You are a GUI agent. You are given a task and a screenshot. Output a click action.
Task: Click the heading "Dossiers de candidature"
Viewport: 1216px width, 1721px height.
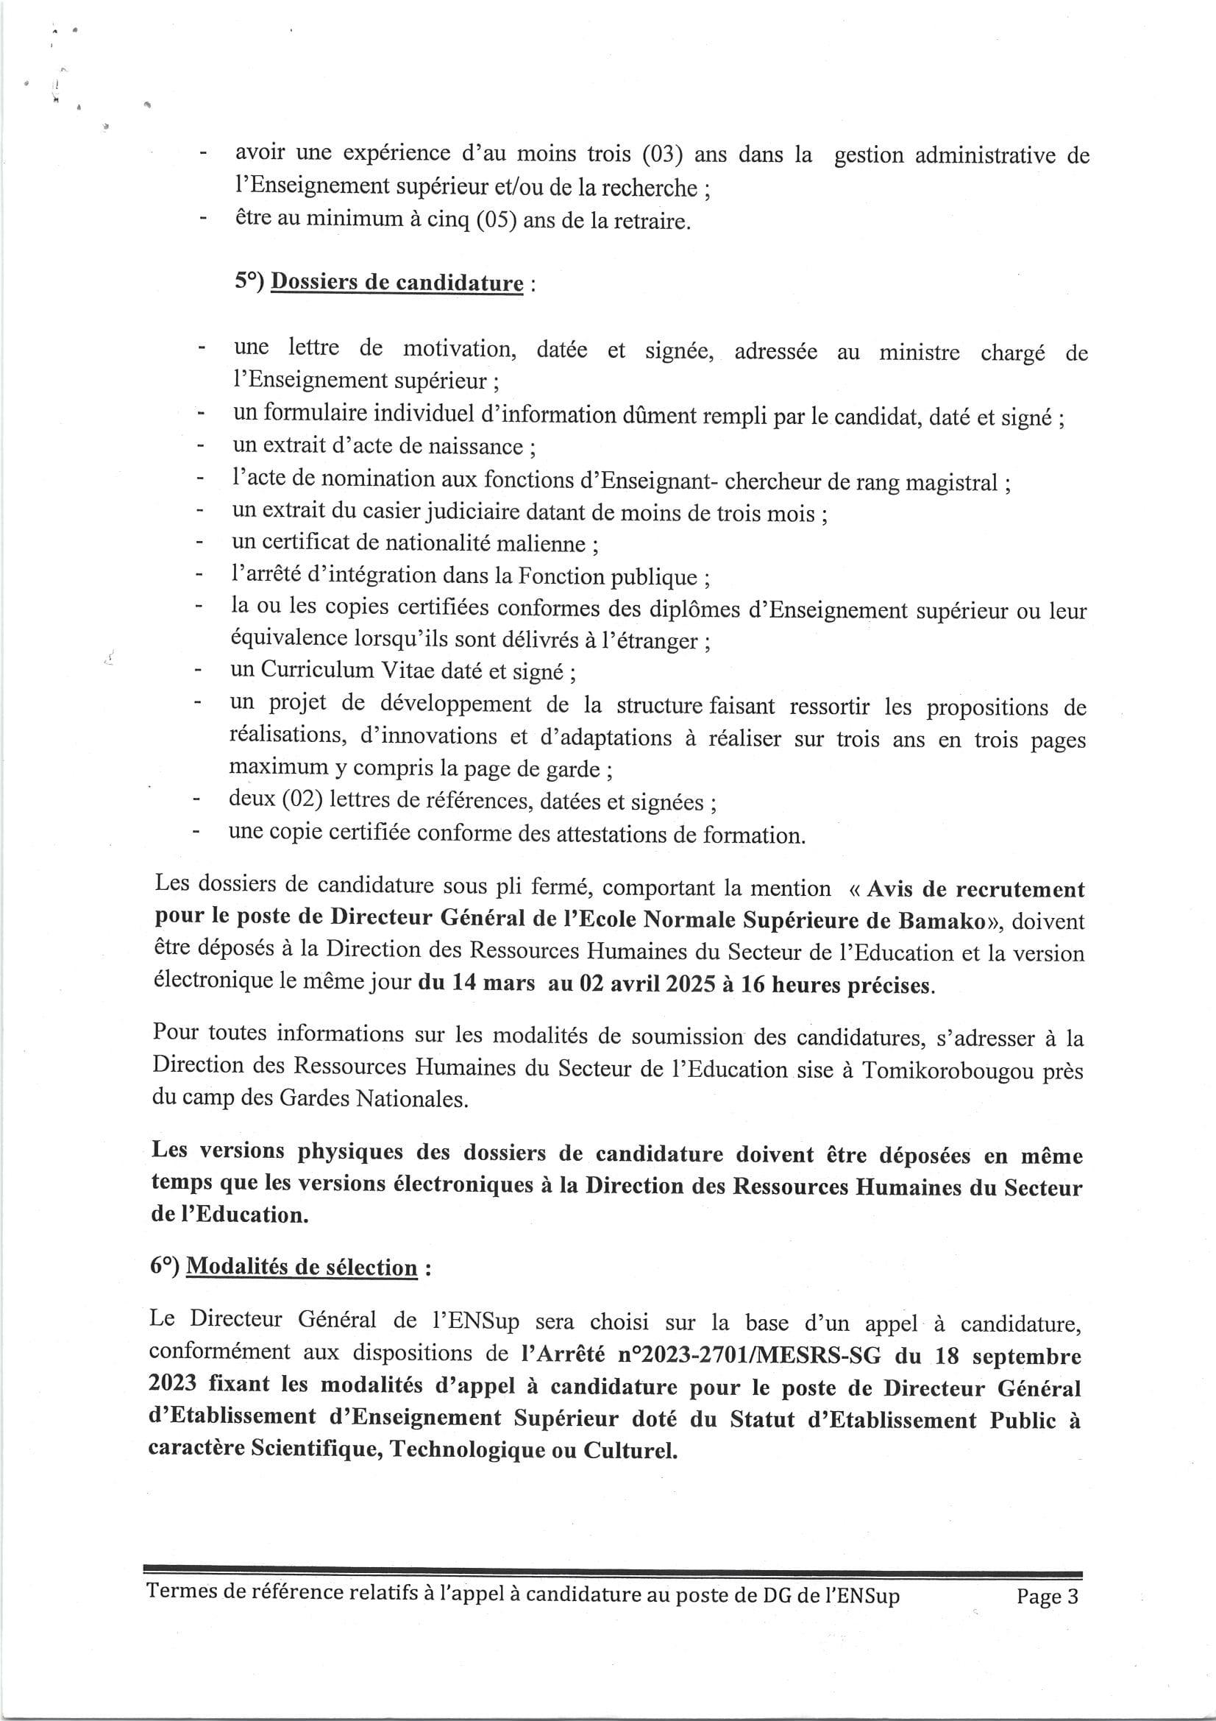[397, 283]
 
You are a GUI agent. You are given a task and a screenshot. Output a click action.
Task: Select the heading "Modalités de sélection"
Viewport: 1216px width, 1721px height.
[301, 1267]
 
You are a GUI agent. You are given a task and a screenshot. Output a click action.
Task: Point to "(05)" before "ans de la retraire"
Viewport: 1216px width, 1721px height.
[496, 221]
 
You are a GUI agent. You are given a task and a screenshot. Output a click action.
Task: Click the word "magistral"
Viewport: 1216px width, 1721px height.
[952, 482]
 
